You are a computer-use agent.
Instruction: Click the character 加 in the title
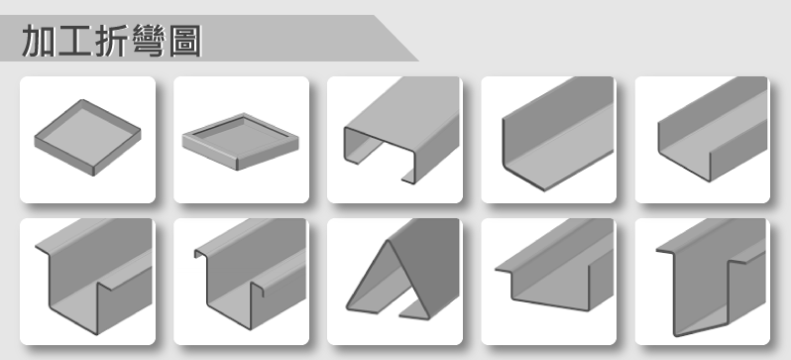40,41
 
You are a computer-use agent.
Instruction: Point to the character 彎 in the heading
149,41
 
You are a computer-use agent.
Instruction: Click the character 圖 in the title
185,41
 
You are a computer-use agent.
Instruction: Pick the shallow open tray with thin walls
88,137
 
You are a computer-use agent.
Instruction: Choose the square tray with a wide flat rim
241,141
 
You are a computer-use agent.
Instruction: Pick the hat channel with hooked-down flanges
251,275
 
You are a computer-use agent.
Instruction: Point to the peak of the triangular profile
388,241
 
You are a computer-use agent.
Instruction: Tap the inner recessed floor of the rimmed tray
240,136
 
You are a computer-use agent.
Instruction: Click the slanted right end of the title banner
396,39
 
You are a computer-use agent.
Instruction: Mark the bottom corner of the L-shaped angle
544,190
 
